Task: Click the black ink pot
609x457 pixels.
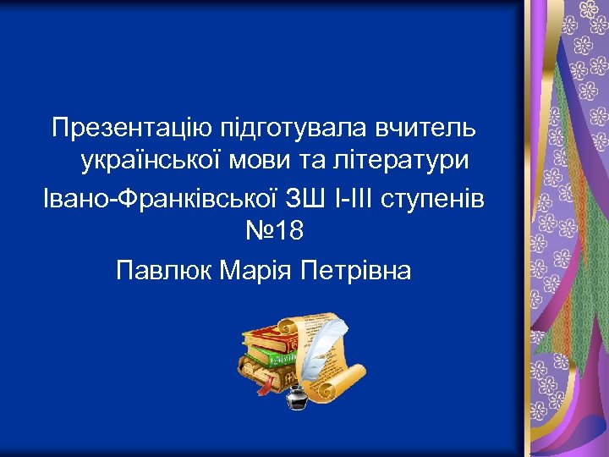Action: pos(297,396)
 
